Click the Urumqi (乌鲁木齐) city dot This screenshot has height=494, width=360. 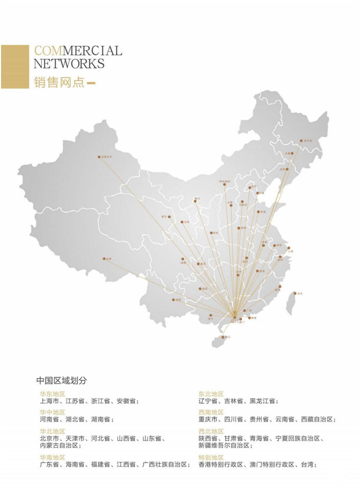click(x=98, y=157)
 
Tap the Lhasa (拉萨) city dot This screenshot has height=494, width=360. click(x=104, y=259)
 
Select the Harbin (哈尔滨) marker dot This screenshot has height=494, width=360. click(x=301, y=141)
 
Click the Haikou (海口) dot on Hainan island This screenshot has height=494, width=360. click(x=223, y=337)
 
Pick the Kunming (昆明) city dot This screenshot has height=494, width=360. click(x=173, y=299)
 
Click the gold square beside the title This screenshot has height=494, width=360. click(x=14, y=67)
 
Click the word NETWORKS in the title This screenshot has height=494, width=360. click(x=69, y=64)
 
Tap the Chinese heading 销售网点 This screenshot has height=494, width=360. click(x=59, y=83)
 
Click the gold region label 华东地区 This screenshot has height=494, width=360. click(x=52, y=394)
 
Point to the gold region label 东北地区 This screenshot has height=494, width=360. click(x=211, y=394)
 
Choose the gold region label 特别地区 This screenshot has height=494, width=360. click(x=211, y=458)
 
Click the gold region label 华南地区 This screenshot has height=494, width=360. click(x=52, y=458)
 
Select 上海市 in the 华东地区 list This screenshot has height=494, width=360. click(x=49, y=401)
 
